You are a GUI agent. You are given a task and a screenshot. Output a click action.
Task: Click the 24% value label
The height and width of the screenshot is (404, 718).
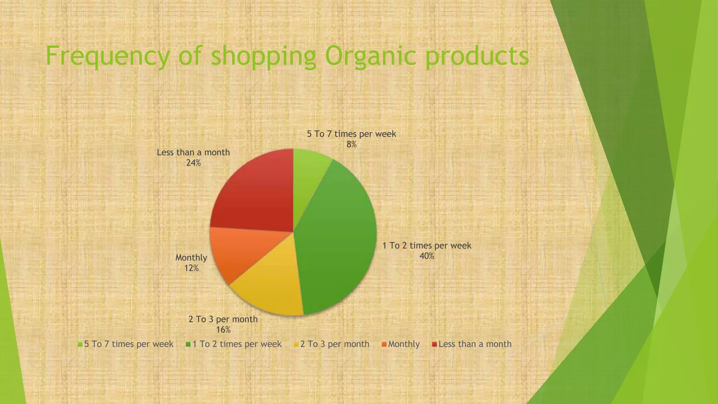point(193,163)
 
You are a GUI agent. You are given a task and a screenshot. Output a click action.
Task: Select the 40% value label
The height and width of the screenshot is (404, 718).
point(427,256)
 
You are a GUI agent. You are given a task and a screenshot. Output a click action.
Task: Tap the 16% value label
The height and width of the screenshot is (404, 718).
point(223,330)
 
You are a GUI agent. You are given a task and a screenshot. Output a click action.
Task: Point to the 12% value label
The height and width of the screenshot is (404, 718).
point(191,268)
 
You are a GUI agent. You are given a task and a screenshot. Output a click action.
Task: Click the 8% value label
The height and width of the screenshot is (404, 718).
point(351,144)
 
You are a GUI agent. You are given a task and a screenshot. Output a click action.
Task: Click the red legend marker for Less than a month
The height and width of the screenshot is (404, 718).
point(435,344)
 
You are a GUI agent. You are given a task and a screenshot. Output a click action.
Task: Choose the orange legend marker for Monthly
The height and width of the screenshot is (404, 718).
point(384,344)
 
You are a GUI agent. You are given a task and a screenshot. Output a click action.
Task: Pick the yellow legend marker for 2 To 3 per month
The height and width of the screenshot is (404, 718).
point(297,344)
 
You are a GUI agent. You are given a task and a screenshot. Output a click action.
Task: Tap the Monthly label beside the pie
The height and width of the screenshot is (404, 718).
point(191,258)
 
